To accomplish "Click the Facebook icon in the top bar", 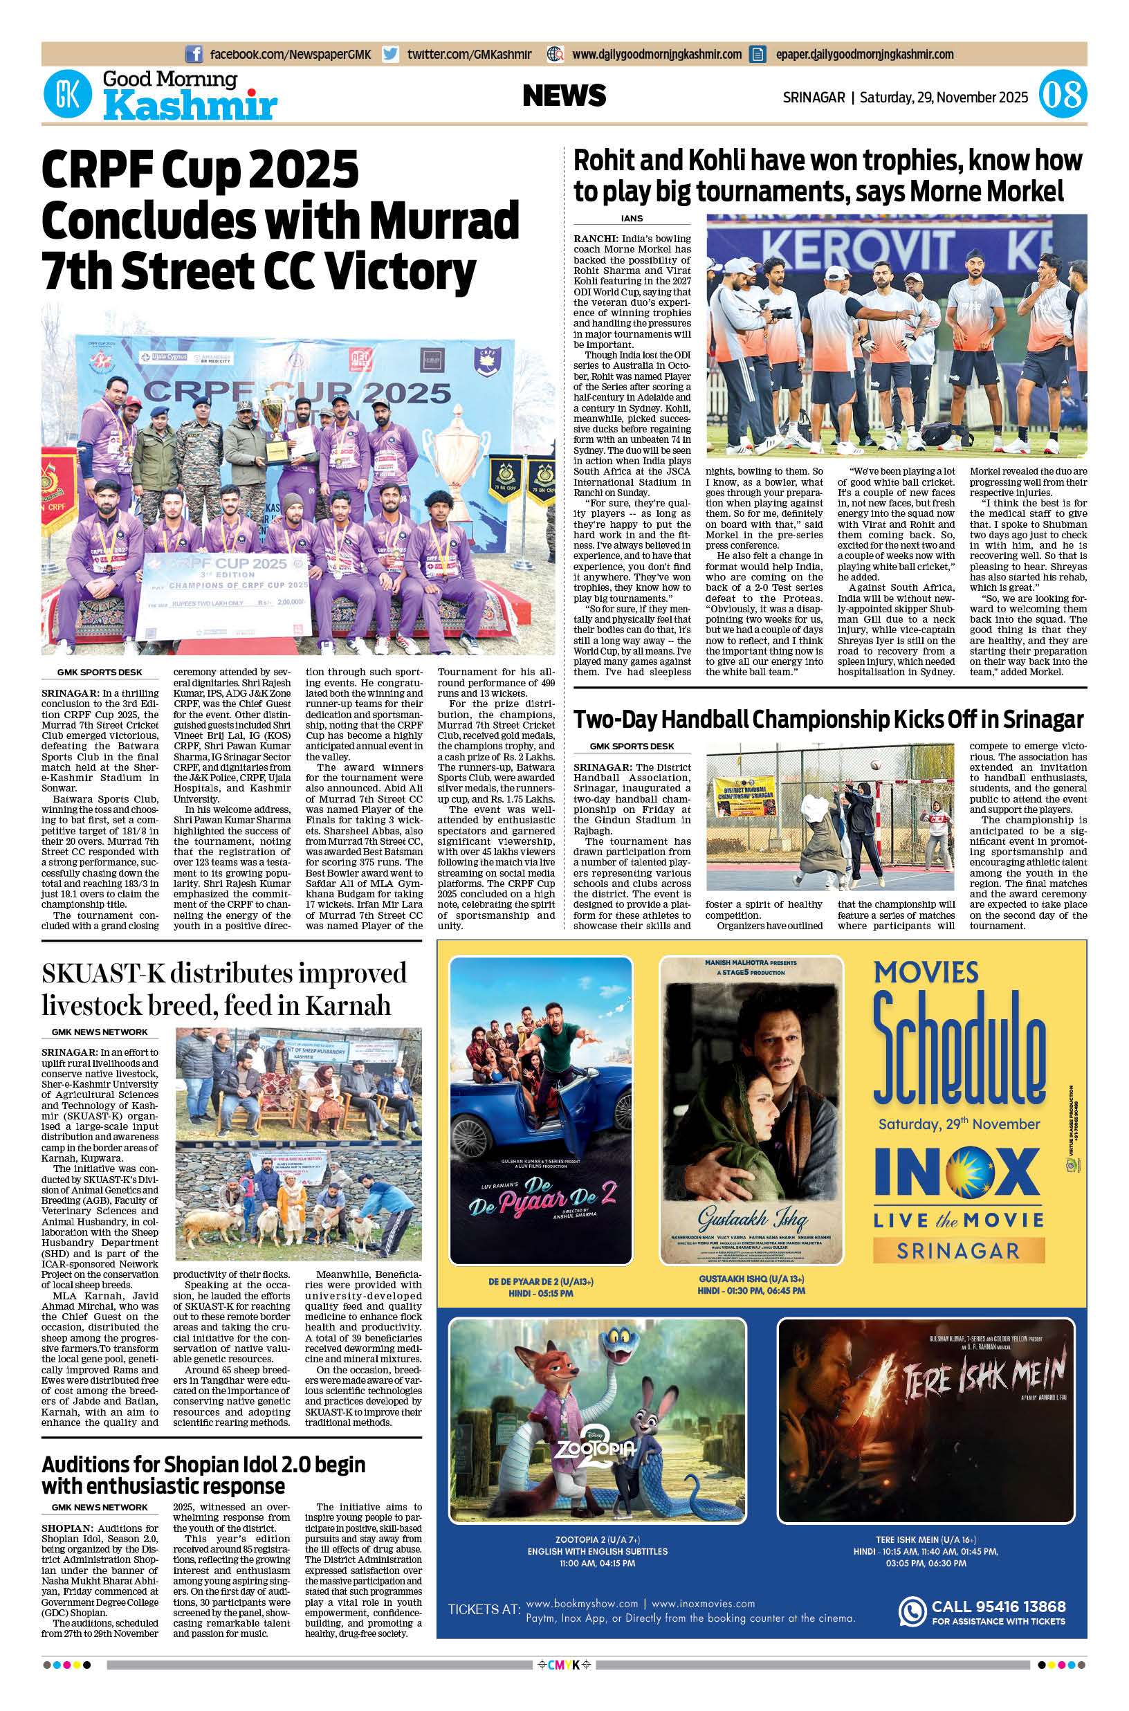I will click(194, 54).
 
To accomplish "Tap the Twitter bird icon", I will click(390, 54).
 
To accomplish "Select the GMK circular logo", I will click(68, 95).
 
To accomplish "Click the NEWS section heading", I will click(564, 95).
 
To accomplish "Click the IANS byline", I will click(632, 218).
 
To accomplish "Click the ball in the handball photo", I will click(875, 764).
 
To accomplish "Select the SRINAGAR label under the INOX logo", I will click(958, 1251).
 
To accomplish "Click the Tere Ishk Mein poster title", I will click(984, 1378).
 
